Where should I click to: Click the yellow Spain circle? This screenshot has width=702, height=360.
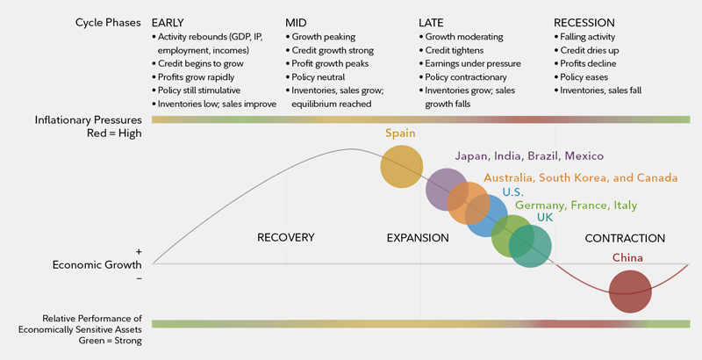tap(402, 166)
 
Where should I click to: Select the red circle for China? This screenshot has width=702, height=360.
tap(630, 292)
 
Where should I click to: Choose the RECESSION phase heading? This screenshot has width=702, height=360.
tap(584, 22)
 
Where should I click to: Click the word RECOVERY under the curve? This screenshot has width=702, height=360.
tap(285, 238)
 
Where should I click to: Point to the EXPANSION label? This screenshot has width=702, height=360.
tap(418, 238)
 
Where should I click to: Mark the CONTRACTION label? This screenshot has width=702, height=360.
tap(625, 238)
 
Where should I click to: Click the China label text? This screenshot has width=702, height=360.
tap(628, 258)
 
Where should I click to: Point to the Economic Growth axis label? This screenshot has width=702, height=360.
tap(97, 264)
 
